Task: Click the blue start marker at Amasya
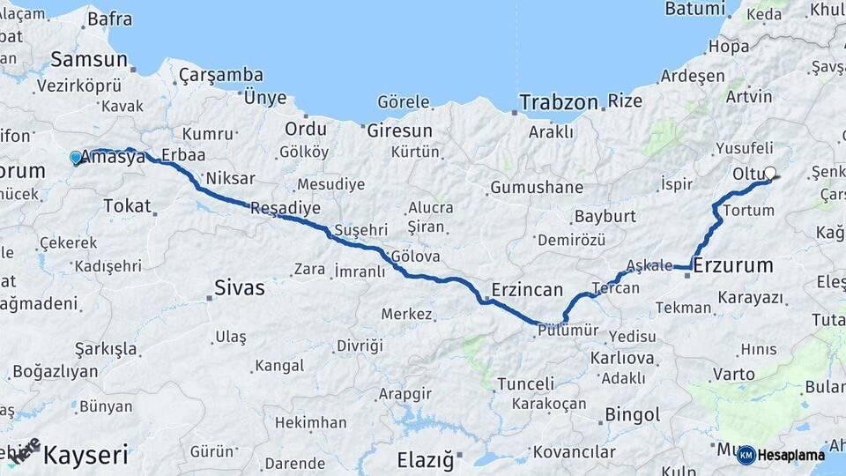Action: tap(76, 158)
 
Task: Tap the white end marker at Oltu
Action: tap(770, 174)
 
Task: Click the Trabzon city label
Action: tap(559, 102)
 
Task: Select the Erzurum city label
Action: tap(733, 264)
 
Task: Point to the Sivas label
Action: tap(240, 287)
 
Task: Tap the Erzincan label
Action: tap(527, 289)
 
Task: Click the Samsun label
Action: tap(90, 60)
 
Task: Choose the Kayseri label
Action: tap(85, 456)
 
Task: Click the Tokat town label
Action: tap(127, 205)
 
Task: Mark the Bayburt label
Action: tap(605, 216)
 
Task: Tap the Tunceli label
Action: tap(526, 384)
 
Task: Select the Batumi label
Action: tap(694, 9)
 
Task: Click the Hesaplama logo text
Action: tap(790, 455)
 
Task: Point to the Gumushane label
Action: tap(537, 187)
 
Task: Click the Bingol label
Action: tap(633, 414)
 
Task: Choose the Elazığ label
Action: tap(425, 459)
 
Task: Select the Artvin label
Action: tap(749, 95)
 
